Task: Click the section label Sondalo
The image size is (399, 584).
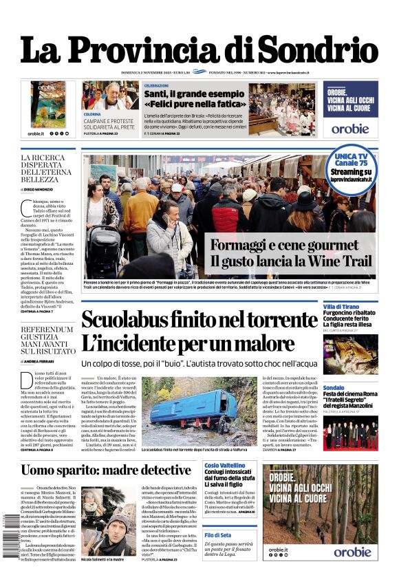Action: [x=334, y=387]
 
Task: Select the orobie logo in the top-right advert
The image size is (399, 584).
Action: [x=350, y=128]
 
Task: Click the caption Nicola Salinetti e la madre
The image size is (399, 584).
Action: [x=107, y=559]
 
